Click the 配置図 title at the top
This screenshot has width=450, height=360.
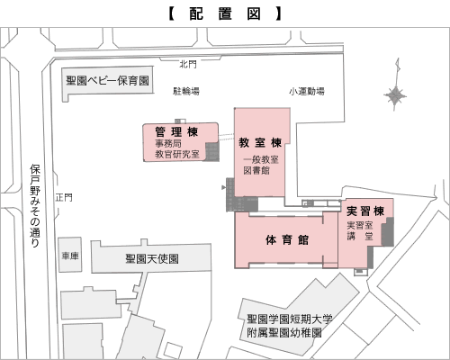click(225, 13)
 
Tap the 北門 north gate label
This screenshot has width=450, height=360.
click(188, 64)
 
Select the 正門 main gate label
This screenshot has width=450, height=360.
click(64, 197)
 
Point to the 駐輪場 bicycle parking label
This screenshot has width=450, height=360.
click(186, 91)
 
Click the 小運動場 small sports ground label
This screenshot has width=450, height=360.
click(307, 91)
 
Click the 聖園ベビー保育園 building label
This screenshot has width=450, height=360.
click(108, 80)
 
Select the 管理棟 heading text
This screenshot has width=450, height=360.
click(176, 131)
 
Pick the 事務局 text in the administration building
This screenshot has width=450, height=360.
click(168, 143)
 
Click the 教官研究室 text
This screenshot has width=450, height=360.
click(177, 154)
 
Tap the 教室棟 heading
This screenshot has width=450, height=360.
click(260, 142)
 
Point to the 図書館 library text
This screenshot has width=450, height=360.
click(256, 170)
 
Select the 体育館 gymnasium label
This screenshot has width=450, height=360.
click(287, 240)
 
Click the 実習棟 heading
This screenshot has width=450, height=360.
click(365, 211)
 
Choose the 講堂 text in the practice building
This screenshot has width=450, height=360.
click(360, 237)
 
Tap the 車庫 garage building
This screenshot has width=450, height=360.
click(70, 255)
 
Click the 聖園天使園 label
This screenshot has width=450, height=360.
click(152, 258)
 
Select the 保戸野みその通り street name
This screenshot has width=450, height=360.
click(35, 205)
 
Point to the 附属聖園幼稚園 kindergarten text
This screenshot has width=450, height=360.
click(284, 333)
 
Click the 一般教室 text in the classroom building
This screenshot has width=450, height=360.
click(261, 159)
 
